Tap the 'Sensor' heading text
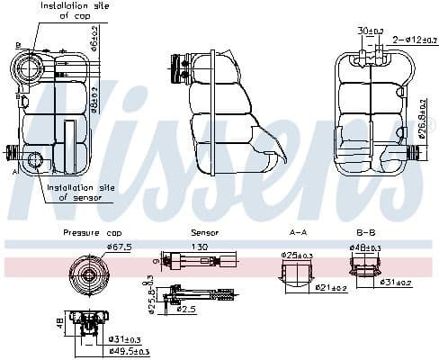coord(204,232)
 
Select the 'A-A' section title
coord(298,232)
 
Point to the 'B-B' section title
coord(364,232)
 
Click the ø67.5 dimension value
coord(120,246)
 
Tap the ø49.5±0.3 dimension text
coord(129,351)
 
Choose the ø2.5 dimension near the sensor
coord(186,309)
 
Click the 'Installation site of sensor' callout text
coord(78,192)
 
